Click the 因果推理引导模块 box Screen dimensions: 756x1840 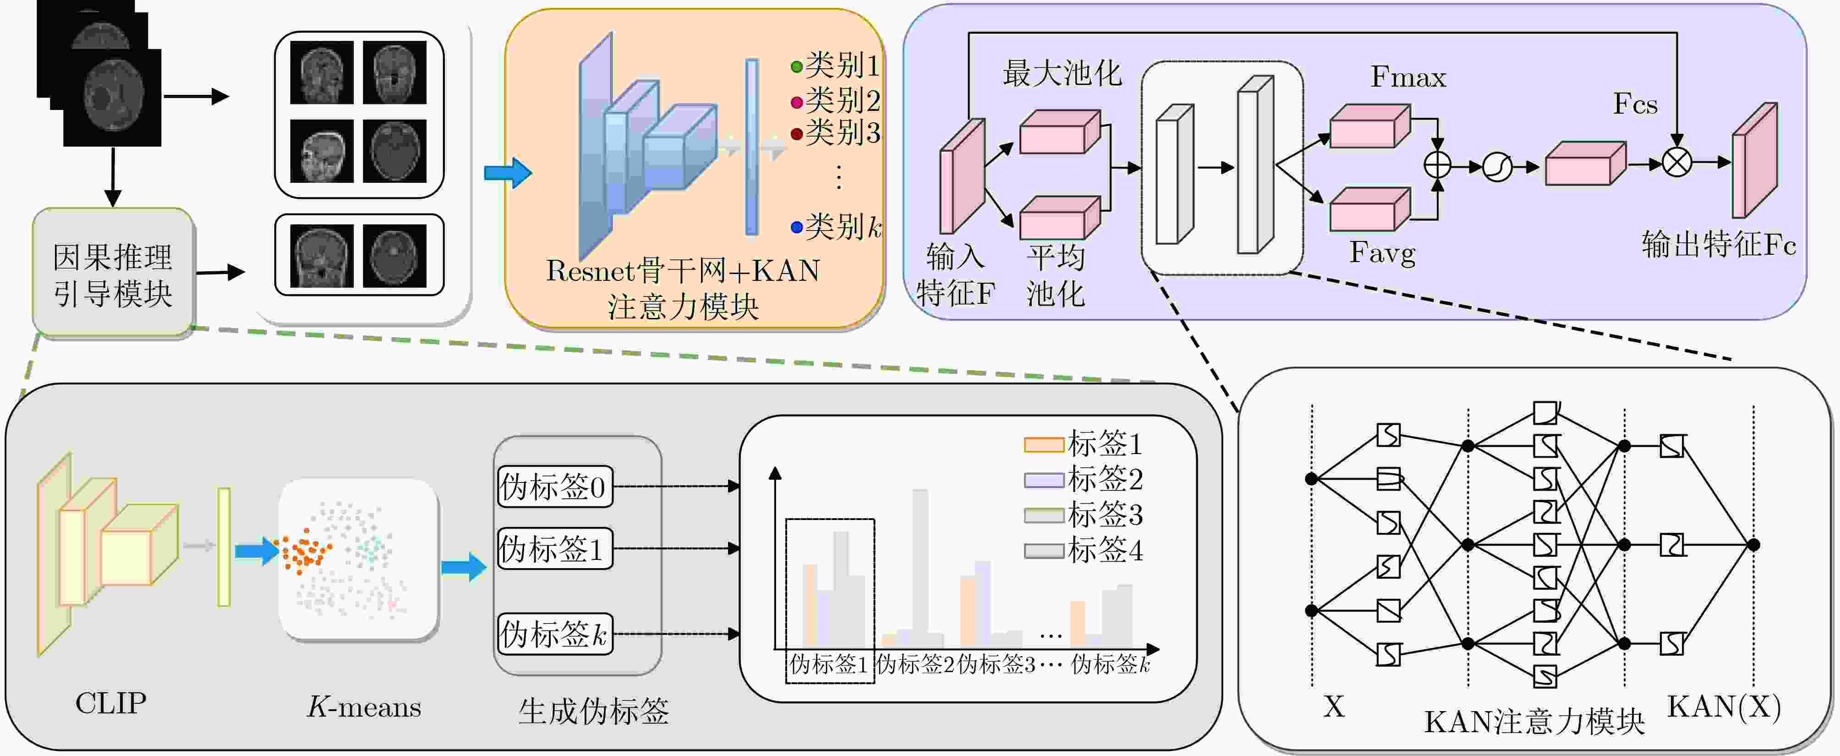point(113,274)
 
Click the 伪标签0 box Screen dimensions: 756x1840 point(554,487)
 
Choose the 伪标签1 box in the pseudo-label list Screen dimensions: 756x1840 point(554,549)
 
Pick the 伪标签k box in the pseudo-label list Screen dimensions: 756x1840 point(554,634)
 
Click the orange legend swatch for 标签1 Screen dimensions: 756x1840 point(1044,444)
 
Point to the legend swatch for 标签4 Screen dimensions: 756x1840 point(1044,551)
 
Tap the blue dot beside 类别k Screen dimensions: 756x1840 point(796,228)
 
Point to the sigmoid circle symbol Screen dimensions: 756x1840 point(1497,167)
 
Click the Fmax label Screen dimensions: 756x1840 point(1408,77)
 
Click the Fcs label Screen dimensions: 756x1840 point(1635,104)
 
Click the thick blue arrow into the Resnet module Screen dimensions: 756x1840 point(507,173)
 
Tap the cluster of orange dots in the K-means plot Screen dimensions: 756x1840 point(306,552)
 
